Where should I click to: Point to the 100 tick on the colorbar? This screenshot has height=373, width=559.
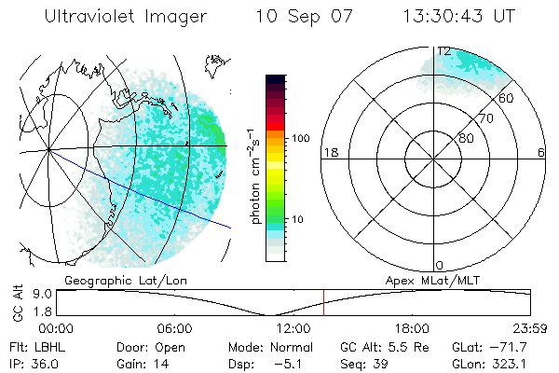pos(299,138)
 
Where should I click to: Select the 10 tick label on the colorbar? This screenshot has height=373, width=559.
pos(301,219)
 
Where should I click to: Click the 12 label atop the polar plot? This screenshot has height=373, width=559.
pos(444,50)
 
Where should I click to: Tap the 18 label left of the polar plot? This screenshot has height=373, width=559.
pos(329,153)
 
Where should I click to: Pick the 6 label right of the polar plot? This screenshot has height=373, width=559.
pos(541,153)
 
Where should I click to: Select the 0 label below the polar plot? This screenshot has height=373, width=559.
pos(440,265)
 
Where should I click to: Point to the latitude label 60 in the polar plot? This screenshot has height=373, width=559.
pos(506,98)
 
